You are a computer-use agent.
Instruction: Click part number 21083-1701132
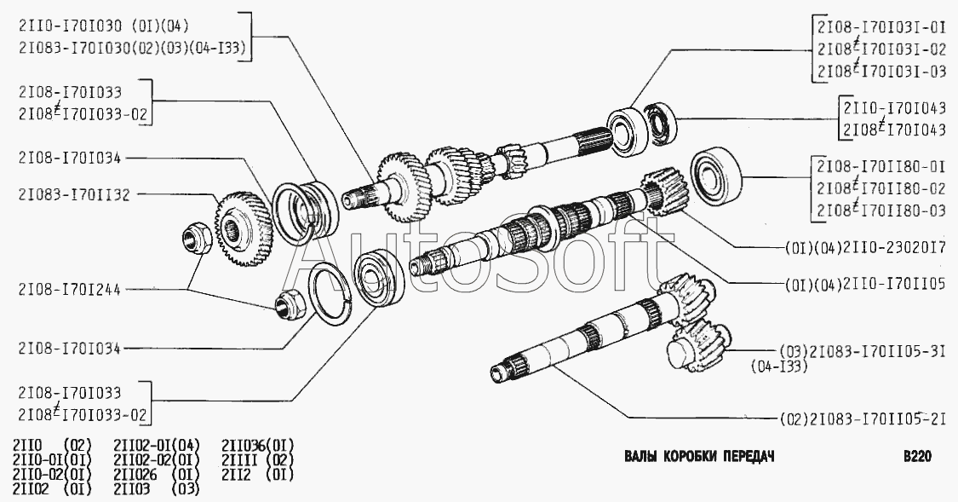74,195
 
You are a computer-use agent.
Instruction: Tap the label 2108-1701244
70,289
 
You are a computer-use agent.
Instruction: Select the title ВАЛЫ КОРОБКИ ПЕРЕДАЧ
699,456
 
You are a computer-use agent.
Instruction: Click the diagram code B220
917,456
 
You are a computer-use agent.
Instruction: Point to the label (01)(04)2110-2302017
865,248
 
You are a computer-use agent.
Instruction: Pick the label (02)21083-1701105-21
863,418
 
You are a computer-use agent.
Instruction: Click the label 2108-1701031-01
881,28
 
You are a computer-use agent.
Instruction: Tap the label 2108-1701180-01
881,166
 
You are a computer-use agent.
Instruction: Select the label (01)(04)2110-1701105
865,285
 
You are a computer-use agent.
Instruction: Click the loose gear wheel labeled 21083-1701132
244,228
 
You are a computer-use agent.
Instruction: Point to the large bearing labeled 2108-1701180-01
716,176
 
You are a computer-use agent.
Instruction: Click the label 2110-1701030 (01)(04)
104,26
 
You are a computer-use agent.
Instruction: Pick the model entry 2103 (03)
157,489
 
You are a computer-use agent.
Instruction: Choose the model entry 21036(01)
257,445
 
